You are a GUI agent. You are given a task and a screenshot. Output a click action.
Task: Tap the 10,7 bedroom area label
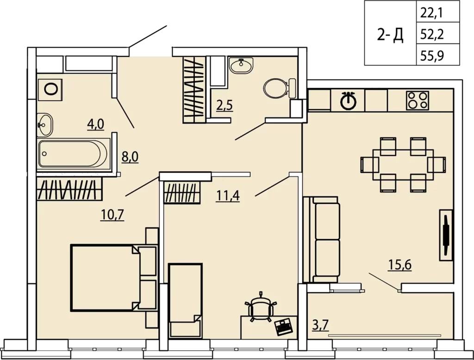coord(112,215)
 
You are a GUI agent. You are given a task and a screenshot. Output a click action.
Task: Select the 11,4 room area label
coord(228,196)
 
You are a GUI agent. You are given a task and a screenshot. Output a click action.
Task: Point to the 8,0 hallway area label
coord(130,157)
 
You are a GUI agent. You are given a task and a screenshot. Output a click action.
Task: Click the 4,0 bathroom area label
coord(95,124)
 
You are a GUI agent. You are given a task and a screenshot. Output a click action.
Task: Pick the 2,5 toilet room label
coord(225,106)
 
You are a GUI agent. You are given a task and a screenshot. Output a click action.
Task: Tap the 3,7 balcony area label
coord(320,326)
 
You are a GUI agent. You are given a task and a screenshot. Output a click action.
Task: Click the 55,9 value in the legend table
coord(432,56)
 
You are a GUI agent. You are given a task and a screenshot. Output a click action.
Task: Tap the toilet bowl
coord(279,88)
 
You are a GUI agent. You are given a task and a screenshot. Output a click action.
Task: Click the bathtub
coord(73,154)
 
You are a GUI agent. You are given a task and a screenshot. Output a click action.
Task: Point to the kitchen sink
coord(349,100)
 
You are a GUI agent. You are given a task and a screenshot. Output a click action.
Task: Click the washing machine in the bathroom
coord(50,89)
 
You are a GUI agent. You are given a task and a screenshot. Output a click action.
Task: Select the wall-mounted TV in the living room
coord(446,235)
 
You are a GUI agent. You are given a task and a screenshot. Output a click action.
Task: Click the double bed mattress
coord(105,278)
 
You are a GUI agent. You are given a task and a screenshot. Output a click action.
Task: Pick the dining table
coord(403,165)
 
